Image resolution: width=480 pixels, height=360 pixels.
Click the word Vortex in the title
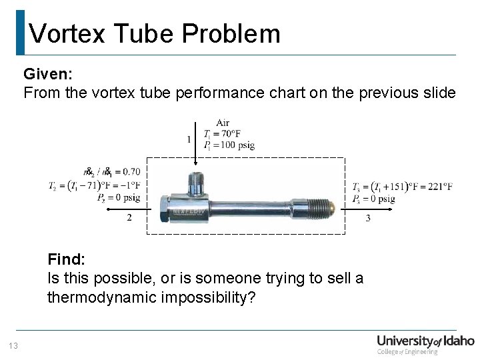tap(67, 33)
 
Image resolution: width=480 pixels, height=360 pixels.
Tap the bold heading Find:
tap(67, 259)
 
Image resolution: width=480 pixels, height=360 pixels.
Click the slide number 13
tap(13, 345)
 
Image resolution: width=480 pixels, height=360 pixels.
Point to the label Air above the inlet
tap(223, 123)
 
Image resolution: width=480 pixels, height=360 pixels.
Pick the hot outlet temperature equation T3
tap(402, 186)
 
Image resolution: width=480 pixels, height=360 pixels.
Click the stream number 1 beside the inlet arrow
tap(189, 139)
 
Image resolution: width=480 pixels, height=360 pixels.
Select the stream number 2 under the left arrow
tap(129, 217)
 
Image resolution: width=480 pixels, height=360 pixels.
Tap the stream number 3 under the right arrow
tap(368, 218)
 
